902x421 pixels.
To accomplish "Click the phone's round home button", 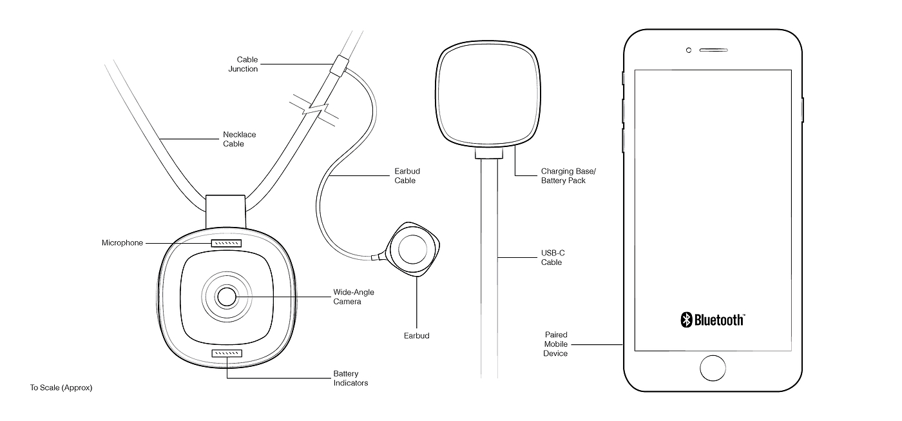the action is pyautogui.click(x=713, y=368).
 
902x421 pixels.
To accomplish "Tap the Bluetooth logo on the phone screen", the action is pyautogui.click(x=713, y=320).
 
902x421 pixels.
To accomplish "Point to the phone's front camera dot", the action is pyautogui.click(x=689, y=50).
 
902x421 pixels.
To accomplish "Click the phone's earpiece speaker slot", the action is pyautogui.click(x=714, y=50).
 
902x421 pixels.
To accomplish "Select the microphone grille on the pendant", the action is pyautogui.click(x=226, y=243).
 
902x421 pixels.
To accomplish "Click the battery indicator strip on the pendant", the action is pyautogui.click(x=227, y=353).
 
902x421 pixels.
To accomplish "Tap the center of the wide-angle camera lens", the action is pyautogui.click(x=227, y=297).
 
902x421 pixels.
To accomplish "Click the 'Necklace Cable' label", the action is pyautogui.click(x=240, y=139).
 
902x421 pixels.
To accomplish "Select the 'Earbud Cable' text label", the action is pyautogui.click(x=407, y=175).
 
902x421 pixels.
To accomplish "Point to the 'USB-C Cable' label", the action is pyautogui.click(x=553, y=257).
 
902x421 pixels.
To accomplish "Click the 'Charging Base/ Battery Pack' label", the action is pyautogui.click(x=568, y=175).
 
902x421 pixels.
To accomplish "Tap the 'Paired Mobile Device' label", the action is pyautogui.click(x=555, y=344).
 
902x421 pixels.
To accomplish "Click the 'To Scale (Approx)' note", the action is pyautogui.click(x=61, y=387).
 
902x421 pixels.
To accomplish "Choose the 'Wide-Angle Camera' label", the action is pyautogui.click(x=354, y=297).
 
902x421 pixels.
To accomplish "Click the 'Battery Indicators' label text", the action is pyautogui.click(x=350, y=378).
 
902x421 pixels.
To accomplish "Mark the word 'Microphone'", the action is pyautogui.click(x=122, y=242).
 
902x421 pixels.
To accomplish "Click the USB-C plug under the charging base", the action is pyautogui.click(x=489, y=153).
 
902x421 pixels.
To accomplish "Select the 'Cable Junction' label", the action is pyautogui.click(x=244, y=64).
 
